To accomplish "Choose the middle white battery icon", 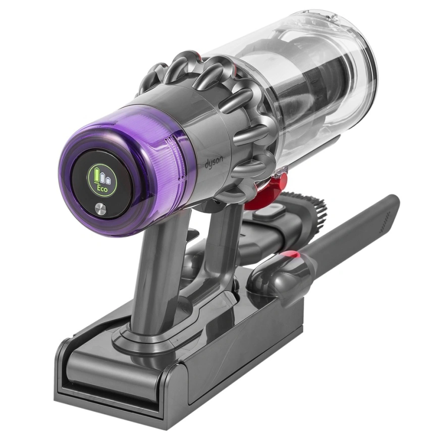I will (x=104, y=178).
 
